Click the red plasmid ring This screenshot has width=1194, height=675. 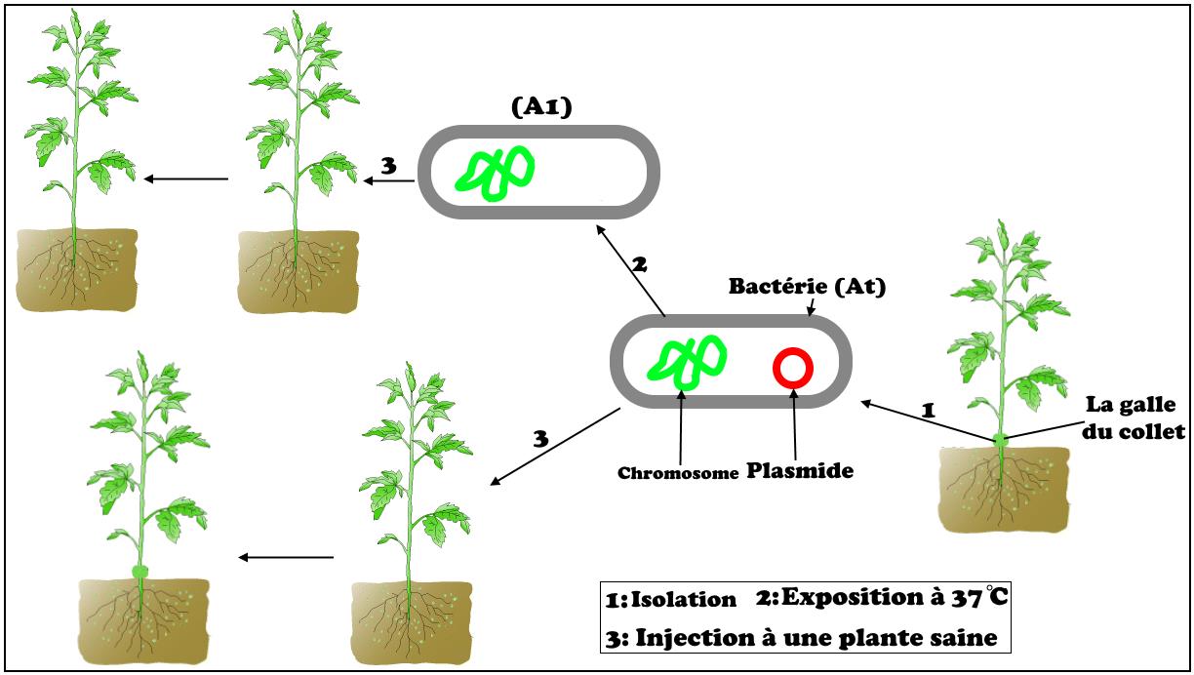pos(792,368)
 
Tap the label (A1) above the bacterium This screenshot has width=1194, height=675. pos(540,107)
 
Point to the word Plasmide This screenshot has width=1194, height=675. pos(800,470)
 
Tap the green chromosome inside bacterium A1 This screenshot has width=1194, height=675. pos(498,173)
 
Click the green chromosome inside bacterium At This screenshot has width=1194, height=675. pos(687,361)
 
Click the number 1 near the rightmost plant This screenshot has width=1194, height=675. pos(928,411)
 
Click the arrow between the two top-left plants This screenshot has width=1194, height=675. pos(185,179)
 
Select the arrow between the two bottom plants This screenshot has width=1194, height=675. pos(286,557)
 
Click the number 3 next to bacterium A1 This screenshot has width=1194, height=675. pos(388,166)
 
